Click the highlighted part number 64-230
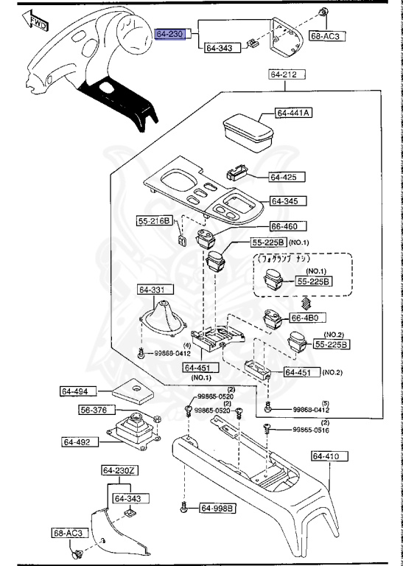tap(172, 34)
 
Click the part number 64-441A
tap(294, 113)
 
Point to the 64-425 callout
tap(282, 177)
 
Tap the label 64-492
tap(80, 442)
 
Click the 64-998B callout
tap(217, 508)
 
